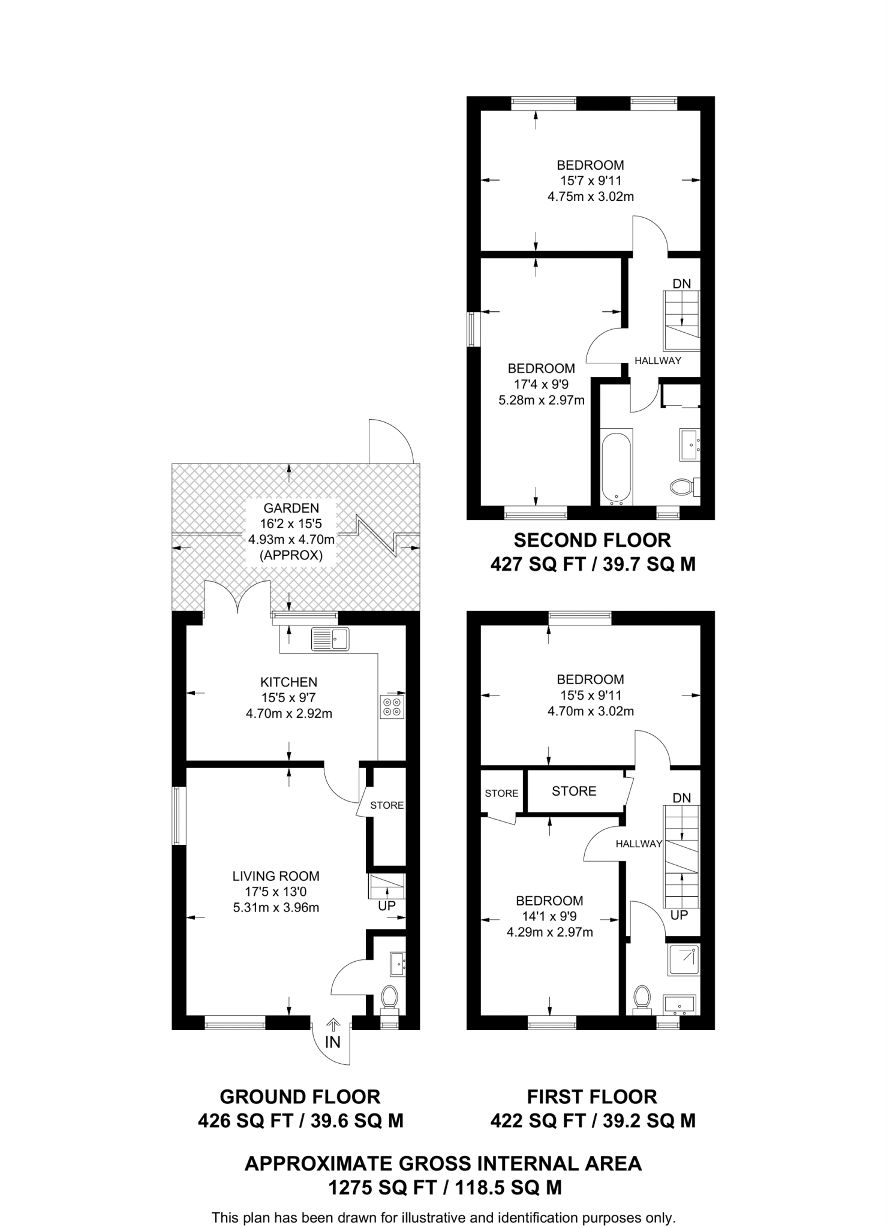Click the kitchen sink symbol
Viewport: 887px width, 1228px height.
pos(330,639)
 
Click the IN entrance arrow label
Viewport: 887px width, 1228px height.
pos(332,1042)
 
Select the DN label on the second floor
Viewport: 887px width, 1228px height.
pos(681,284)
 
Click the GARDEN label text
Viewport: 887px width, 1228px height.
pos(291,508)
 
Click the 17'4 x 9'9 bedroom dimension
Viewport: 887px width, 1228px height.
pos(541,384)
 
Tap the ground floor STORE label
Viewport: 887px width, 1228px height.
pos(387,805)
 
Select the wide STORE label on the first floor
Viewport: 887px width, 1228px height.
pos(574,791)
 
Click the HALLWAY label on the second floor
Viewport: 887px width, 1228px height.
pos(658,360)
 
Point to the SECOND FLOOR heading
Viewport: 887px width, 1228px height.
pos(592,540)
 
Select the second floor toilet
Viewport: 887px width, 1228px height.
pos(682,486)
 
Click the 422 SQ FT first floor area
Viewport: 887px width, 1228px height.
pos(593,1121)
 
